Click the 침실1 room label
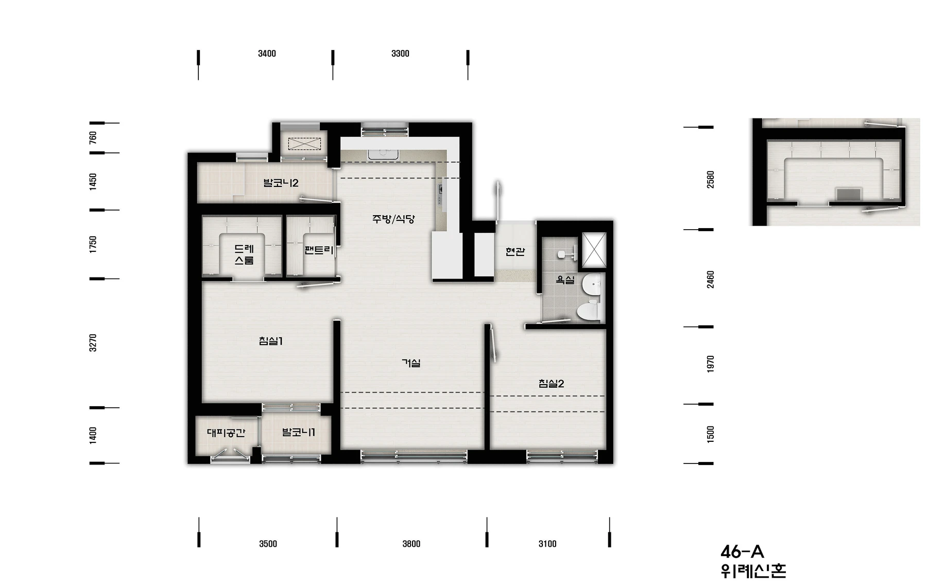pyautogui.click(x=271, y=341)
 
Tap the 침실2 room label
pyautogui.click(x=551, y=384)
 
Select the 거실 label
pyautogui.click(x=411, y=363)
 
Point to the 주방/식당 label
pyautogui.click(x=393, y=219)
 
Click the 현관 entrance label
pyautogui.click(x=515, y=252)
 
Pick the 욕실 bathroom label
pyautogui.click(x=565, y=280)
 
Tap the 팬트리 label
pyautogui.click(x=319, y=251)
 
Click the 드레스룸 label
pyautogui.click(x=244, y=254)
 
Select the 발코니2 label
pyautogui.click(x=281, y=183)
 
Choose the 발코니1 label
pyautogui.click(x=299, y=433)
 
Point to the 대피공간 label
pyautogui.click(x=226, y=433)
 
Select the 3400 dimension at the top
pyautogui.click(x=267, y=54)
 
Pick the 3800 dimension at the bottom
pyautogui.click(x=411, y=544)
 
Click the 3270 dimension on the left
pyautogui.click(x=93, y=343)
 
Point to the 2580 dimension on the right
pyautogui.click(x=711, y=180)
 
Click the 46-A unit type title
pyautogui.click(x=742, y=552)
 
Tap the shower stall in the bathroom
pyautogui.click(x=594, y=250)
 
